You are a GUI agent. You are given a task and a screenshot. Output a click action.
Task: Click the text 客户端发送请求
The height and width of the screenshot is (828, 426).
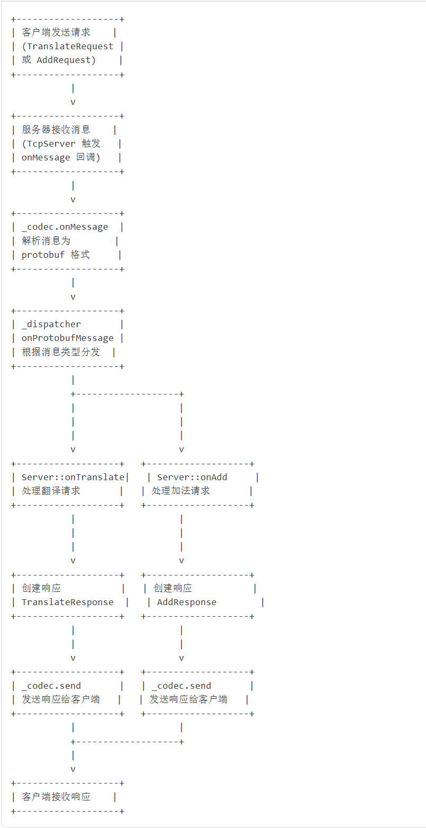click(56, 33)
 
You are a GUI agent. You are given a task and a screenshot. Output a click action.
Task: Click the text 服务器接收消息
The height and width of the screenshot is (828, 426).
click(56, 130)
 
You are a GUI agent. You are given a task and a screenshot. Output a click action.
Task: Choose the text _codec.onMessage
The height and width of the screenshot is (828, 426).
click(65, 227)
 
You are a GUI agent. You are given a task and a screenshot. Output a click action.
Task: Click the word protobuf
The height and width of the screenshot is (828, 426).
click(43, 255)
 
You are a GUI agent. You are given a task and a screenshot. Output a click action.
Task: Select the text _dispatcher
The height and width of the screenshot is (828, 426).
click(51, 325)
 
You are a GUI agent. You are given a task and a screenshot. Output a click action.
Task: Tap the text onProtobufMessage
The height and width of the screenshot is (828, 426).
click(67, 338)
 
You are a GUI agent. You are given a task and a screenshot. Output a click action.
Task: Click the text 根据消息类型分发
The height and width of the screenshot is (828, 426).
click(61, 352)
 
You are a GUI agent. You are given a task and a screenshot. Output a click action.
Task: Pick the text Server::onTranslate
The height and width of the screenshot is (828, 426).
click(72, 478)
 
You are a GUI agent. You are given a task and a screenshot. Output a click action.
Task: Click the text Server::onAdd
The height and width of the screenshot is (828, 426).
click(192, 478)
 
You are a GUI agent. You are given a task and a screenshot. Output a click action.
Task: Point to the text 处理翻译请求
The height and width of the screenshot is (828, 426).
click(51, 491)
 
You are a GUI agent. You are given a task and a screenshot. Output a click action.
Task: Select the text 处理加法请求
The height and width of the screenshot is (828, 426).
click(181, 491)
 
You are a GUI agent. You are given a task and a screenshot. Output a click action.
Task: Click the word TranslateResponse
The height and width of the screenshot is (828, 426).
click(67, 602)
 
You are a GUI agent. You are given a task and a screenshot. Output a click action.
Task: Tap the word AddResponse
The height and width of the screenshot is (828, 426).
click(187, 602)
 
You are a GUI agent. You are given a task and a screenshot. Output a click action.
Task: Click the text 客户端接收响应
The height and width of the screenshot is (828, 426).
click(56, 797)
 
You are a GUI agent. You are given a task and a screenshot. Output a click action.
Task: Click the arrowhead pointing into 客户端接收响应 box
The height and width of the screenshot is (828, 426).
click(73, 769)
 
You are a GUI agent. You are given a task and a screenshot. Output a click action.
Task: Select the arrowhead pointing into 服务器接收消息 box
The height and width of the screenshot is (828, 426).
click(73, 102)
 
